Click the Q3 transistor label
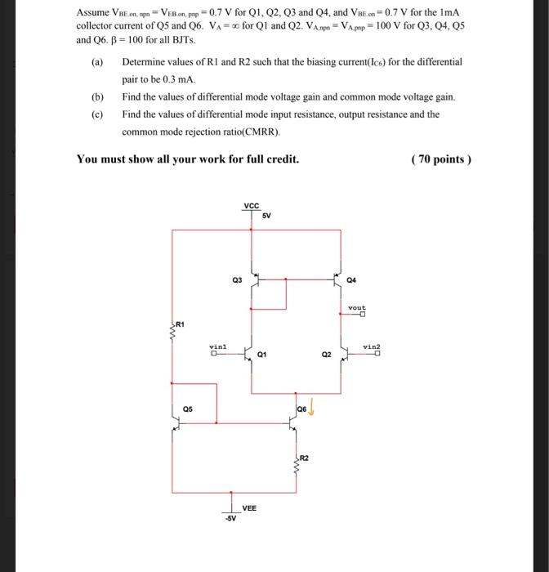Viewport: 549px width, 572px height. tap(237, 279)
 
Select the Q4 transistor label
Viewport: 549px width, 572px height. tap(351, 279)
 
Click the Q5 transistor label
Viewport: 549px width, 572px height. tap(187, 409)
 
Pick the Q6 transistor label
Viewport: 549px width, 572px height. tap(301, 409)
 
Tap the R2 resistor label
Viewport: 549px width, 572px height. tap(305, 457)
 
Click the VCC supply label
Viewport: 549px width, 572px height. tap(252, 205)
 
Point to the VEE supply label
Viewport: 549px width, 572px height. tap(249, 507)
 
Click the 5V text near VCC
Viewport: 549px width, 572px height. tap(266, 216)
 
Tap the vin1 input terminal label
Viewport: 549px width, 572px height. tap(216, 347)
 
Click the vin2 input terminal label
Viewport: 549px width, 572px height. tap(372, 347)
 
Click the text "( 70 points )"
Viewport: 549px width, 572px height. tap(442, 159)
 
